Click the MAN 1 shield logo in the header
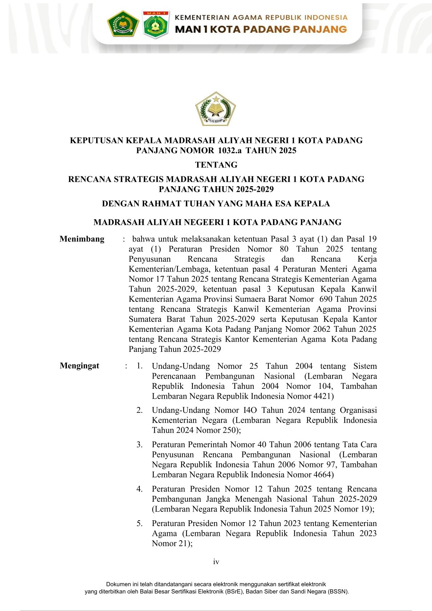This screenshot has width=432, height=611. coord(155,24)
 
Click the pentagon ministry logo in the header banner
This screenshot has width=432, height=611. coord(123,24)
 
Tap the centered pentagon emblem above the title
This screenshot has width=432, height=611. coord(216,109)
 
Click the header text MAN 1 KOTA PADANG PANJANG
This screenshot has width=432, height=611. coord(261,29)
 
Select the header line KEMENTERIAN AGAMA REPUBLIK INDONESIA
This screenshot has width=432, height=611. coord(261,17)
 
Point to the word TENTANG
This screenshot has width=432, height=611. coord(216,165)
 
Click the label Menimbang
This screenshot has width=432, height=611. coord(82,239)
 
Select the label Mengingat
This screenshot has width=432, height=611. coord(79,366)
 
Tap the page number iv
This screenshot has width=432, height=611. coord(216,562)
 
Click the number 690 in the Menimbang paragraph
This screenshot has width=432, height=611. coord(326,299)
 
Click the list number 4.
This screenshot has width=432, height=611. coord(139,489)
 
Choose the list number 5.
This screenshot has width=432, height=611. coord(139,524)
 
